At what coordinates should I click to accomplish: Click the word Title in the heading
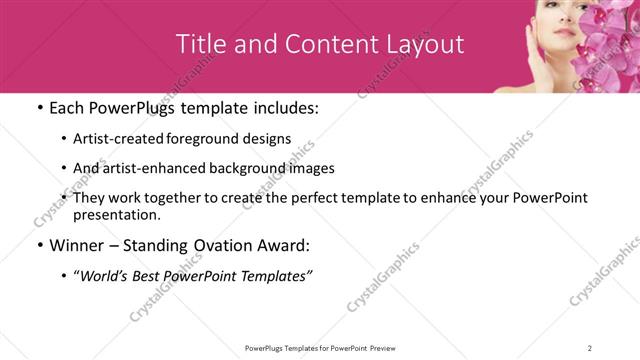coord(200,44)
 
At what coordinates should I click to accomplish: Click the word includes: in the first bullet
coord(283,108)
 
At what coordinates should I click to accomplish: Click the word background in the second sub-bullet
coord(253,168)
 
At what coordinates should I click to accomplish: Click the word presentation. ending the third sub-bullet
coord(117,214)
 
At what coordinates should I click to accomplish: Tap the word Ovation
coord(223,245)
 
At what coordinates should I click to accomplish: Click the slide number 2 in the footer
coord(590,348)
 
